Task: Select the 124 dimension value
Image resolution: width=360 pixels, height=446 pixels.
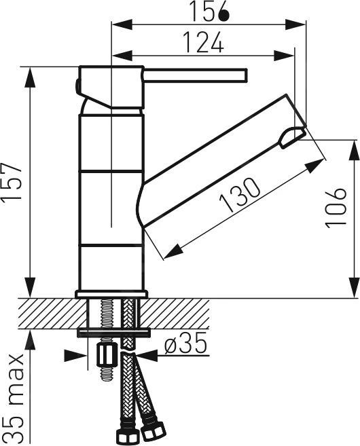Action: [202, 43]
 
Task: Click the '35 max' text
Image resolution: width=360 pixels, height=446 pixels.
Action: [14, 398]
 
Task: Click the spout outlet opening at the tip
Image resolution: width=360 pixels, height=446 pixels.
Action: [291, 138]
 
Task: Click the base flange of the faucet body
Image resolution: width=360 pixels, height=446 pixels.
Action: [111, 293]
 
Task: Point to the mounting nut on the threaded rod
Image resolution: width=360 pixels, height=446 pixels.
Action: [105, 355]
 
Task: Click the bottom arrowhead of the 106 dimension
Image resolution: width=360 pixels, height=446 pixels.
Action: [354, 288]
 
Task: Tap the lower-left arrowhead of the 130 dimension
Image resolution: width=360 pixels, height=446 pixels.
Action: [170, 251]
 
